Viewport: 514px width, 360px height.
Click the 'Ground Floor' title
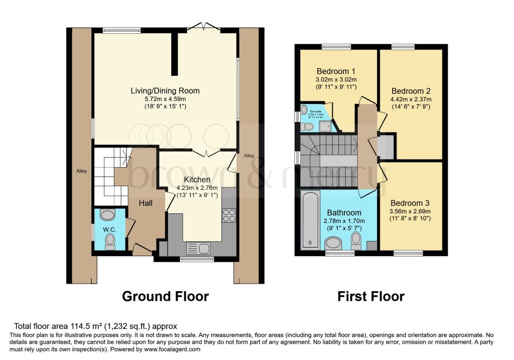coord(165,296)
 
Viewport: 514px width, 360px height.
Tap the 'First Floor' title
coord(370,296)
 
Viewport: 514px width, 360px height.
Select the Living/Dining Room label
coord(165,91)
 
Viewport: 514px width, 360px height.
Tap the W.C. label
coord(109,230)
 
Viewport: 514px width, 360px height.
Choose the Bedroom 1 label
coord(336,70)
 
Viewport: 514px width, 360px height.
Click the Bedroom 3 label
coord(411,203)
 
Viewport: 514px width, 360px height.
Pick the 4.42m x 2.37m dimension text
coord(411,99)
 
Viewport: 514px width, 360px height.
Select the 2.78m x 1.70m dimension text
coord(344,221)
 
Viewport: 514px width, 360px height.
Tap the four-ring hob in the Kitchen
coord(229,215)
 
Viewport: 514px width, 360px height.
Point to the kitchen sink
coord(198,248)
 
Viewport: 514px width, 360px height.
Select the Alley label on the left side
coord(81,171)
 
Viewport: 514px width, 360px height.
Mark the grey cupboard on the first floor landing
coord(385,147)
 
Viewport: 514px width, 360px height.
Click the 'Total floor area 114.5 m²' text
coord(95,326)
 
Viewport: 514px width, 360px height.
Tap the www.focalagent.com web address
coord(170,349)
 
